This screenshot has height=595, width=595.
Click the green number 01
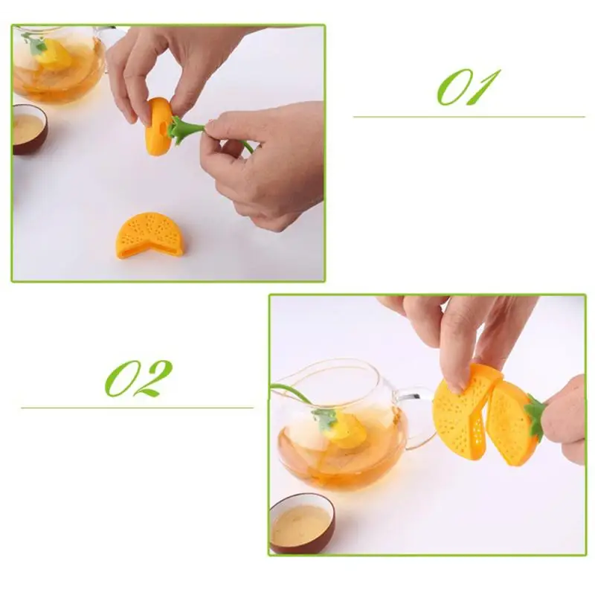(x=469, y=87)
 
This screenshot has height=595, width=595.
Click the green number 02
(x=138, y=379)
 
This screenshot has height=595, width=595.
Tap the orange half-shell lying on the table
(x=149, y=236)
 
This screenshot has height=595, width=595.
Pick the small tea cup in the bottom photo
(x=302, y=524)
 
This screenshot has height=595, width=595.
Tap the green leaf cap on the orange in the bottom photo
(x=534, y=415)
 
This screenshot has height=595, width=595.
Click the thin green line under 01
(x=469, y=117)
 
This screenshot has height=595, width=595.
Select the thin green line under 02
(x=137, y=408)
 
